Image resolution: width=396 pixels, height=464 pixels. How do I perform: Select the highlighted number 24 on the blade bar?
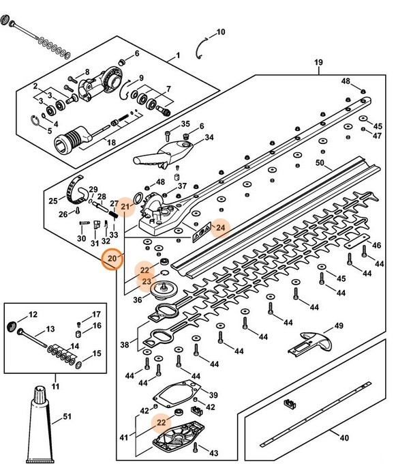point(219,228)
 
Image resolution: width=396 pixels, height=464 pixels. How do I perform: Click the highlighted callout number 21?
point(125,206)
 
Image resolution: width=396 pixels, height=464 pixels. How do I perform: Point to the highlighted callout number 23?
point(146,280)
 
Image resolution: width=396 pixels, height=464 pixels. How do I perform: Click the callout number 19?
point(318,63)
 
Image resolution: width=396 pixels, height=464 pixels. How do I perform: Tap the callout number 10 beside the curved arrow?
point(220,32)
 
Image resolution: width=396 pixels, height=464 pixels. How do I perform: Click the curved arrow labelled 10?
point(200,48)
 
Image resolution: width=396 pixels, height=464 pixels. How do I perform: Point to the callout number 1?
point(177,55)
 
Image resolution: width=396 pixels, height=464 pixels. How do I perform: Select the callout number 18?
point(110,143)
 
